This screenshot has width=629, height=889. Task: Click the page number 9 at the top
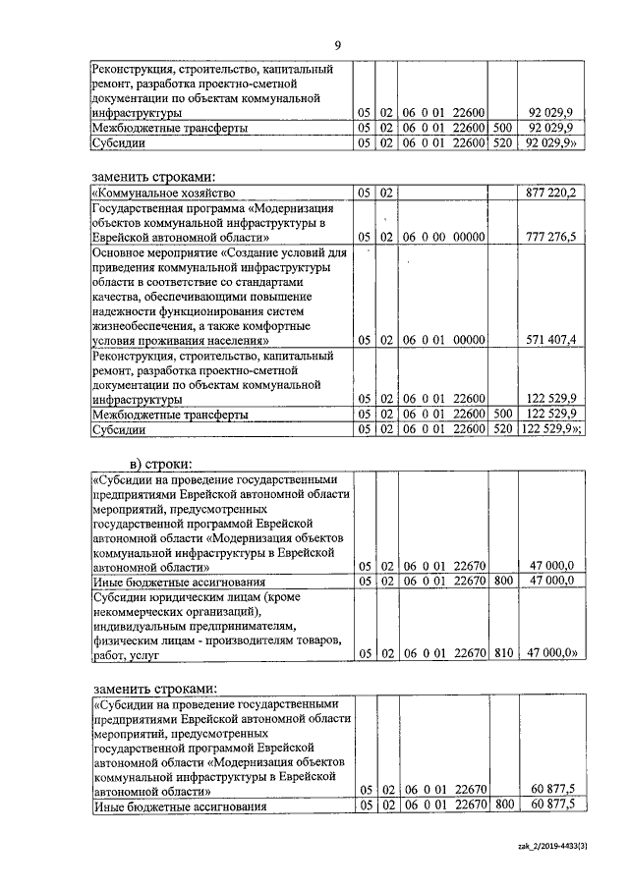[337, 45]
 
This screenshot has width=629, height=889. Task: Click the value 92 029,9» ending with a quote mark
[556, 142]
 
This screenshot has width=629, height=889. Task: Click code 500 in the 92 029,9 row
[502, 128]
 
